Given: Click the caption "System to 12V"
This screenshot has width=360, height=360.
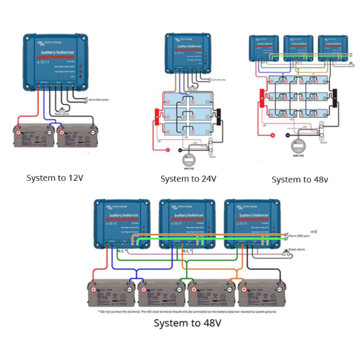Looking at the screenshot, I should coord(55,178).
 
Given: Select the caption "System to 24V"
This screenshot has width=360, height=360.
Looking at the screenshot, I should coord(189,179).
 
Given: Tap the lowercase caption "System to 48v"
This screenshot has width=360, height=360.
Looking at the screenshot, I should coord(300,180).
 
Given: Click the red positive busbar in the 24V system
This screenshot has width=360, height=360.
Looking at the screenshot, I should coord(157,117).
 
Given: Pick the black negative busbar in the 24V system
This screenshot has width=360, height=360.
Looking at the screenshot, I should coord(219,117).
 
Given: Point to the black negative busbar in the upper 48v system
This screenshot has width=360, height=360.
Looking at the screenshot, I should coord(334,96).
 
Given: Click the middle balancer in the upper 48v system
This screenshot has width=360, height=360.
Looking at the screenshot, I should coord(298,47).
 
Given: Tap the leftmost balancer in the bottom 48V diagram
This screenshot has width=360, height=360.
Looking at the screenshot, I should coord(122,223).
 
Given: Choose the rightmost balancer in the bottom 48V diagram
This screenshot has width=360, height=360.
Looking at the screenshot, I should coord(252,223).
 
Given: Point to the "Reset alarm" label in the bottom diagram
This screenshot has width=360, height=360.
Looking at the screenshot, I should coord(297,249).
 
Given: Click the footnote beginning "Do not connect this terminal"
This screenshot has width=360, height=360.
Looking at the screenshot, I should coord(187,311).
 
